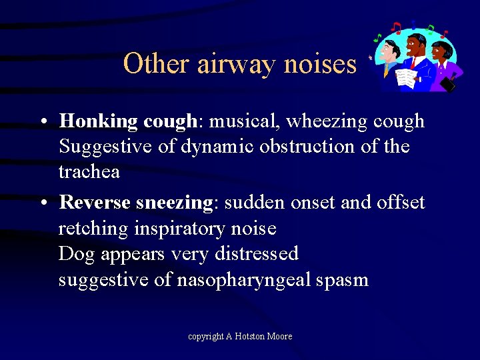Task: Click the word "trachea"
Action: point(89,172)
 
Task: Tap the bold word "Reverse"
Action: point(94,202)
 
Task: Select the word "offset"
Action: point(398,202)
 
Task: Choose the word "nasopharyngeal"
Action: point(243,279)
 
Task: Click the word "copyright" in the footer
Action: point(205,336)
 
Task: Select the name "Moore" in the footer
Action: point(279,336)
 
